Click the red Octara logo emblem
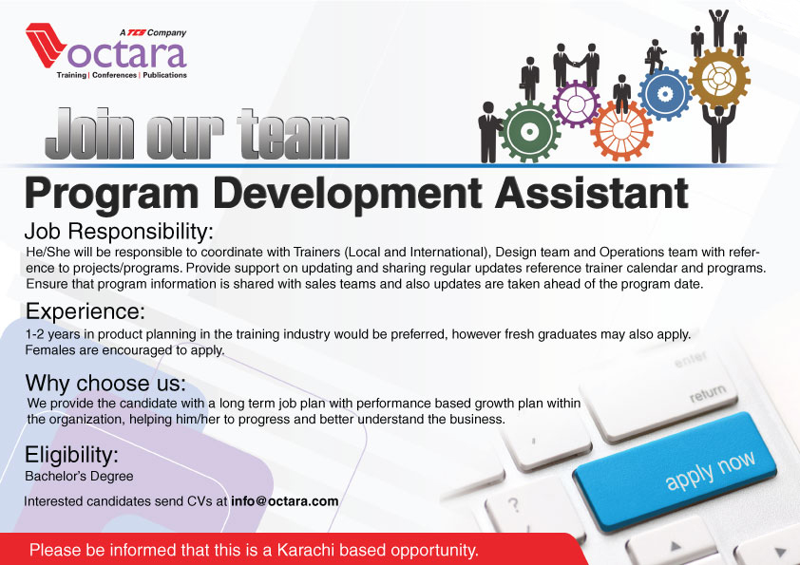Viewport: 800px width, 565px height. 46,45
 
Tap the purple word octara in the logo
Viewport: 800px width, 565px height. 127,54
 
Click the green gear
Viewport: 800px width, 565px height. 529,132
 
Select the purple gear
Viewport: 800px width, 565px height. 577,104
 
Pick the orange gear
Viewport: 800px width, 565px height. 621,130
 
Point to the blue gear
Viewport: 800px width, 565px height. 665,94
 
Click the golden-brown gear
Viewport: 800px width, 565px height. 719,78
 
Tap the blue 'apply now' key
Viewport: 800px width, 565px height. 676,472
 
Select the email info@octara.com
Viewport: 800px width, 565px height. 285,501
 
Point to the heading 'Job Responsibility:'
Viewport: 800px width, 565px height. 119,232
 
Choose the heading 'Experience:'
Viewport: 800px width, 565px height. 86,311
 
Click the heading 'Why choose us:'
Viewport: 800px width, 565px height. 105,383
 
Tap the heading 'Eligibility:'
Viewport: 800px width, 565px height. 71,455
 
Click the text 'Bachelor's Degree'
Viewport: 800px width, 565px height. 79,477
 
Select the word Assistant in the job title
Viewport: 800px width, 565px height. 591,193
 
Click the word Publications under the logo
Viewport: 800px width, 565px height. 164,75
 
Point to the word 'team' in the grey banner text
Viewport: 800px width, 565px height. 294,134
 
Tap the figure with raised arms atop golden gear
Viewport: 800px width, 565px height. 718,28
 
